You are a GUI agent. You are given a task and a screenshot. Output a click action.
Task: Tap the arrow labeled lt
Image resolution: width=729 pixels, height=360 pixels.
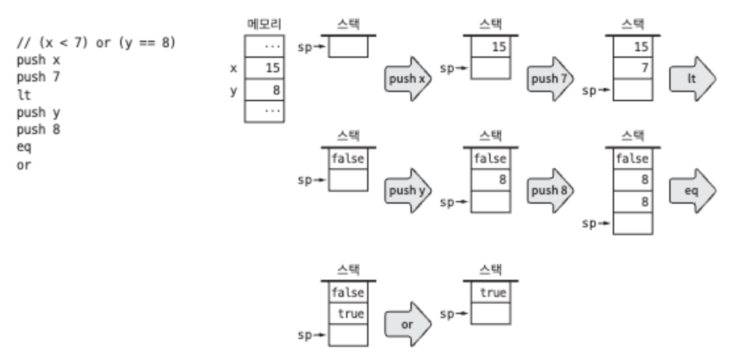click(692, 79)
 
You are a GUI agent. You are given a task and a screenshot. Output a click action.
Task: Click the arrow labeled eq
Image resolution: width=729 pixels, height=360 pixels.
click(692, 191)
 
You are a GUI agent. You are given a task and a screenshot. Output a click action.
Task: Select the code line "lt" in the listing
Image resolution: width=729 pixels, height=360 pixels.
click(24, 95)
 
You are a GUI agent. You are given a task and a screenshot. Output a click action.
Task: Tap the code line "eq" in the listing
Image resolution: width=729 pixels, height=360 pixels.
click(24, 146)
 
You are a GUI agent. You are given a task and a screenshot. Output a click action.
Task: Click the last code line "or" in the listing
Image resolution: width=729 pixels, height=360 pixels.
click(24, 164)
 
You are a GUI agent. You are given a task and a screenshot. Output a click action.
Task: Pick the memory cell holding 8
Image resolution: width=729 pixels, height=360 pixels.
click(265, 90)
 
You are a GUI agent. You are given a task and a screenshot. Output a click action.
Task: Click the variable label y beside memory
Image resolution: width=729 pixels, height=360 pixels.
click(233, 90)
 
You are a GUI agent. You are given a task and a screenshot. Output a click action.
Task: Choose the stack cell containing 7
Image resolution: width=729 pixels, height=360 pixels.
click(633, 68)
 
